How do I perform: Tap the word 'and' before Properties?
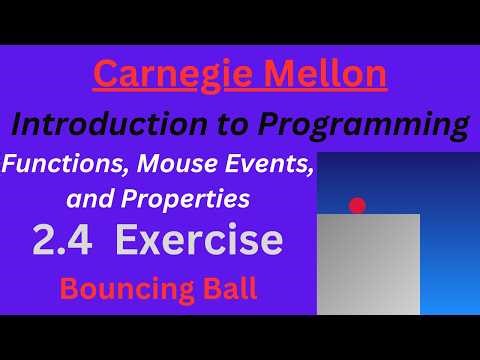pos(85,198)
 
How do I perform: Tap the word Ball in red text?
pos(225,289)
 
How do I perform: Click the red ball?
pos(357,206)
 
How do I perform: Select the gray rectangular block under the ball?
pos(368,265)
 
